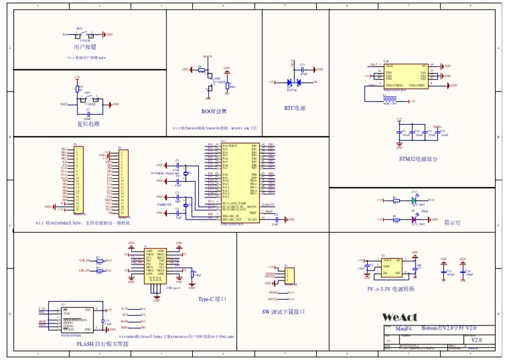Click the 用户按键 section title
click(x=85, y=48)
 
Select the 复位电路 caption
click(x=87, y=124)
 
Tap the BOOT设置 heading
click(x=214, y=111)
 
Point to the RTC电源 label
click(x=294, y=108)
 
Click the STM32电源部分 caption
click(x=418, y=159)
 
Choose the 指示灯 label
click(x=453, y=223)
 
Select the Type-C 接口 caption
click(x=213, y=299)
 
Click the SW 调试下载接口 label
click(x=283, y=312)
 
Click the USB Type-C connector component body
click(x=154, y=265)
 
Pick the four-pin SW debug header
click(x=290, y=275)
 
